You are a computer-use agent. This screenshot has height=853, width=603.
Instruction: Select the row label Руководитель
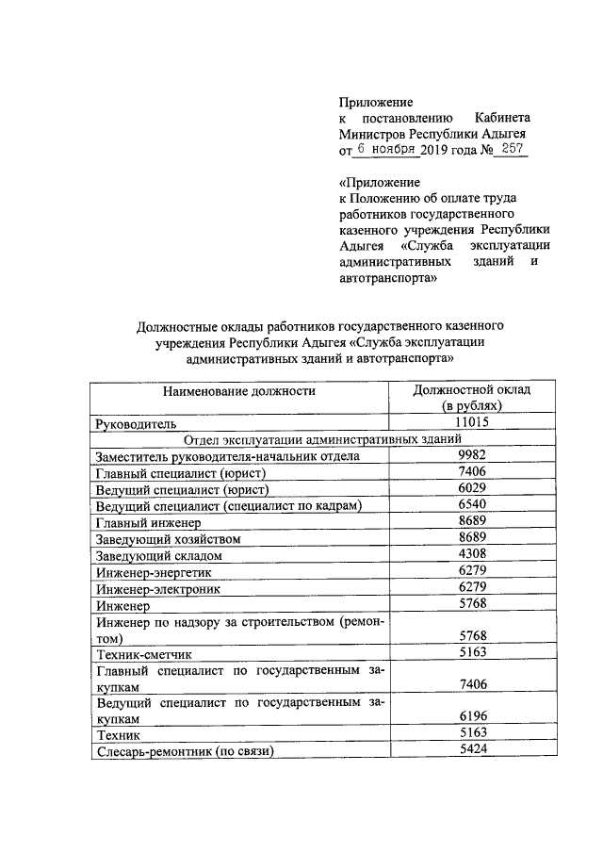pos(138,424)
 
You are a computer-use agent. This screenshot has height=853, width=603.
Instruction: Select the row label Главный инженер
pos(148,522)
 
